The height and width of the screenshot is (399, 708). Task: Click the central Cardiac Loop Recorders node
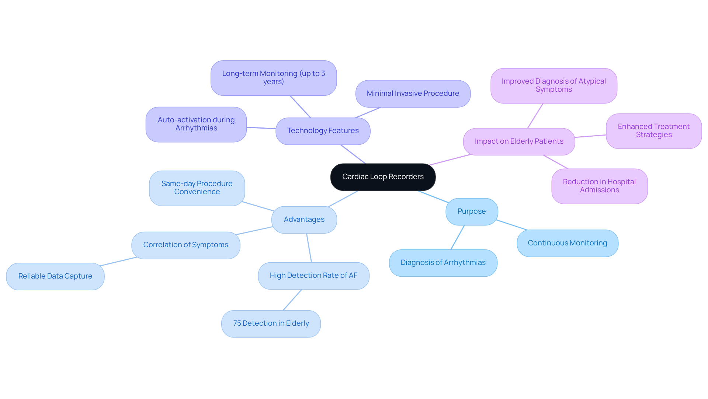click(383, 177)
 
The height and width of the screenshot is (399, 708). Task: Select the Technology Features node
click(323, 131)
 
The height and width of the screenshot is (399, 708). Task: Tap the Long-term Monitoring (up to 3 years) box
click(273, 78)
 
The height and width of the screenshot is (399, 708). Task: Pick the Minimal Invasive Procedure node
click(413, 94)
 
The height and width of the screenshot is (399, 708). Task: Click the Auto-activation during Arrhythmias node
click(196, 124)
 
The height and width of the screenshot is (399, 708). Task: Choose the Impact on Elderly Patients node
click(519, 141)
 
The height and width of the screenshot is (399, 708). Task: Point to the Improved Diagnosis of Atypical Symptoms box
click(553, 85)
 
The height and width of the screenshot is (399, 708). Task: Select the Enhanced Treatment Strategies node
click(653, 131)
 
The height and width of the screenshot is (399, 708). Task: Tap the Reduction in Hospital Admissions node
click(599, 186)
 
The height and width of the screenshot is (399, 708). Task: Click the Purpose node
click(471, 211)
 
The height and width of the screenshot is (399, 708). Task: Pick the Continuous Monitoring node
click(567, 243)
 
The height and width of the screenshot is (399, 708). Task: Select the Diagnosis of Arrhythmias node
click(443, 263)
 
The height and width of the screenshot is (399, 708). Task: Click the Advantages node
click(304, 220)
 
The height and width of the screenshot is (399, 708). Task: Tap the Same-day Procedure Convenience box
click(197, 188)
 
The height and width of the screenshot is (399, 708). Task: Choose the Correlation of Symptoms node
click(185, 245)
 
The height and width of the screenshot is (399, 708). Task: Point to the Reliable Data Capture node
click(55, 276)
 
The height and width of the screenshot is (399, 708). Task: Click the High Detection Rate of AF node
click(313, 276)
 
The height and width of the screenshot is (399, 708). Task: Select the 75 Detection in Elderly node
click(271, 323)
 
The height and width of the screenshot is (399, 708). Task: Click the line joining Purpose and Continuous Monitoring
click(512, 225)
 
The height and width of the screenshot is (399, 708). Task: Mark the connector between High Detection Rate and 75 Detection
click(292, 300)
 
